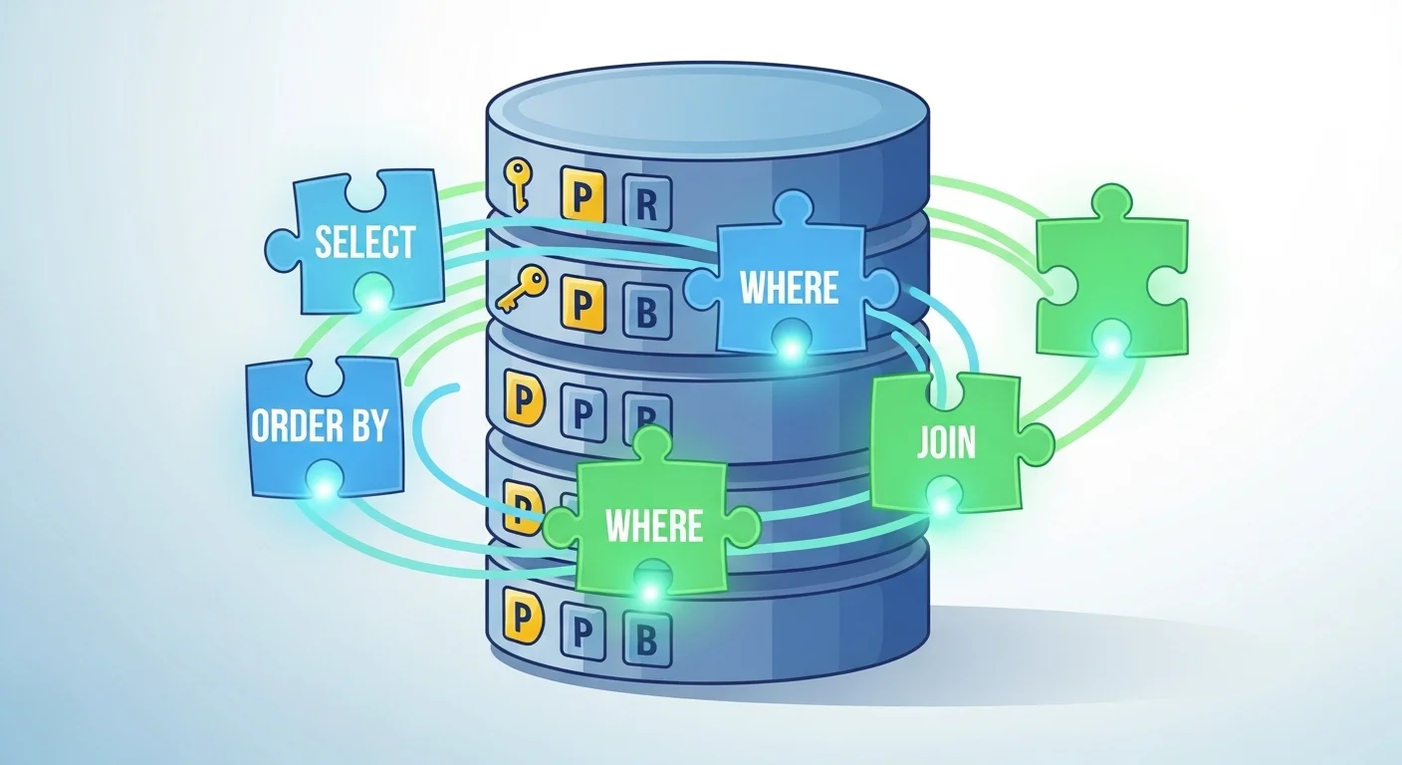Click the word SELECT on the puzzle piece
(364, 242)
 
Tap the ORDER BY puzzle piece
(320, 425)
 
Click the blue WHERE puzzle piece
(789, 287)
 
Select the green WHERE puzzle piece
(652, 525)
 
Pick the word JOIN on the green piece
(947, 442)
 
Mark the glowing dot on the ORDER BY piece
(324, 486)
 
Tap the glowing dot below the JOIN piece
(941, 504)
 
